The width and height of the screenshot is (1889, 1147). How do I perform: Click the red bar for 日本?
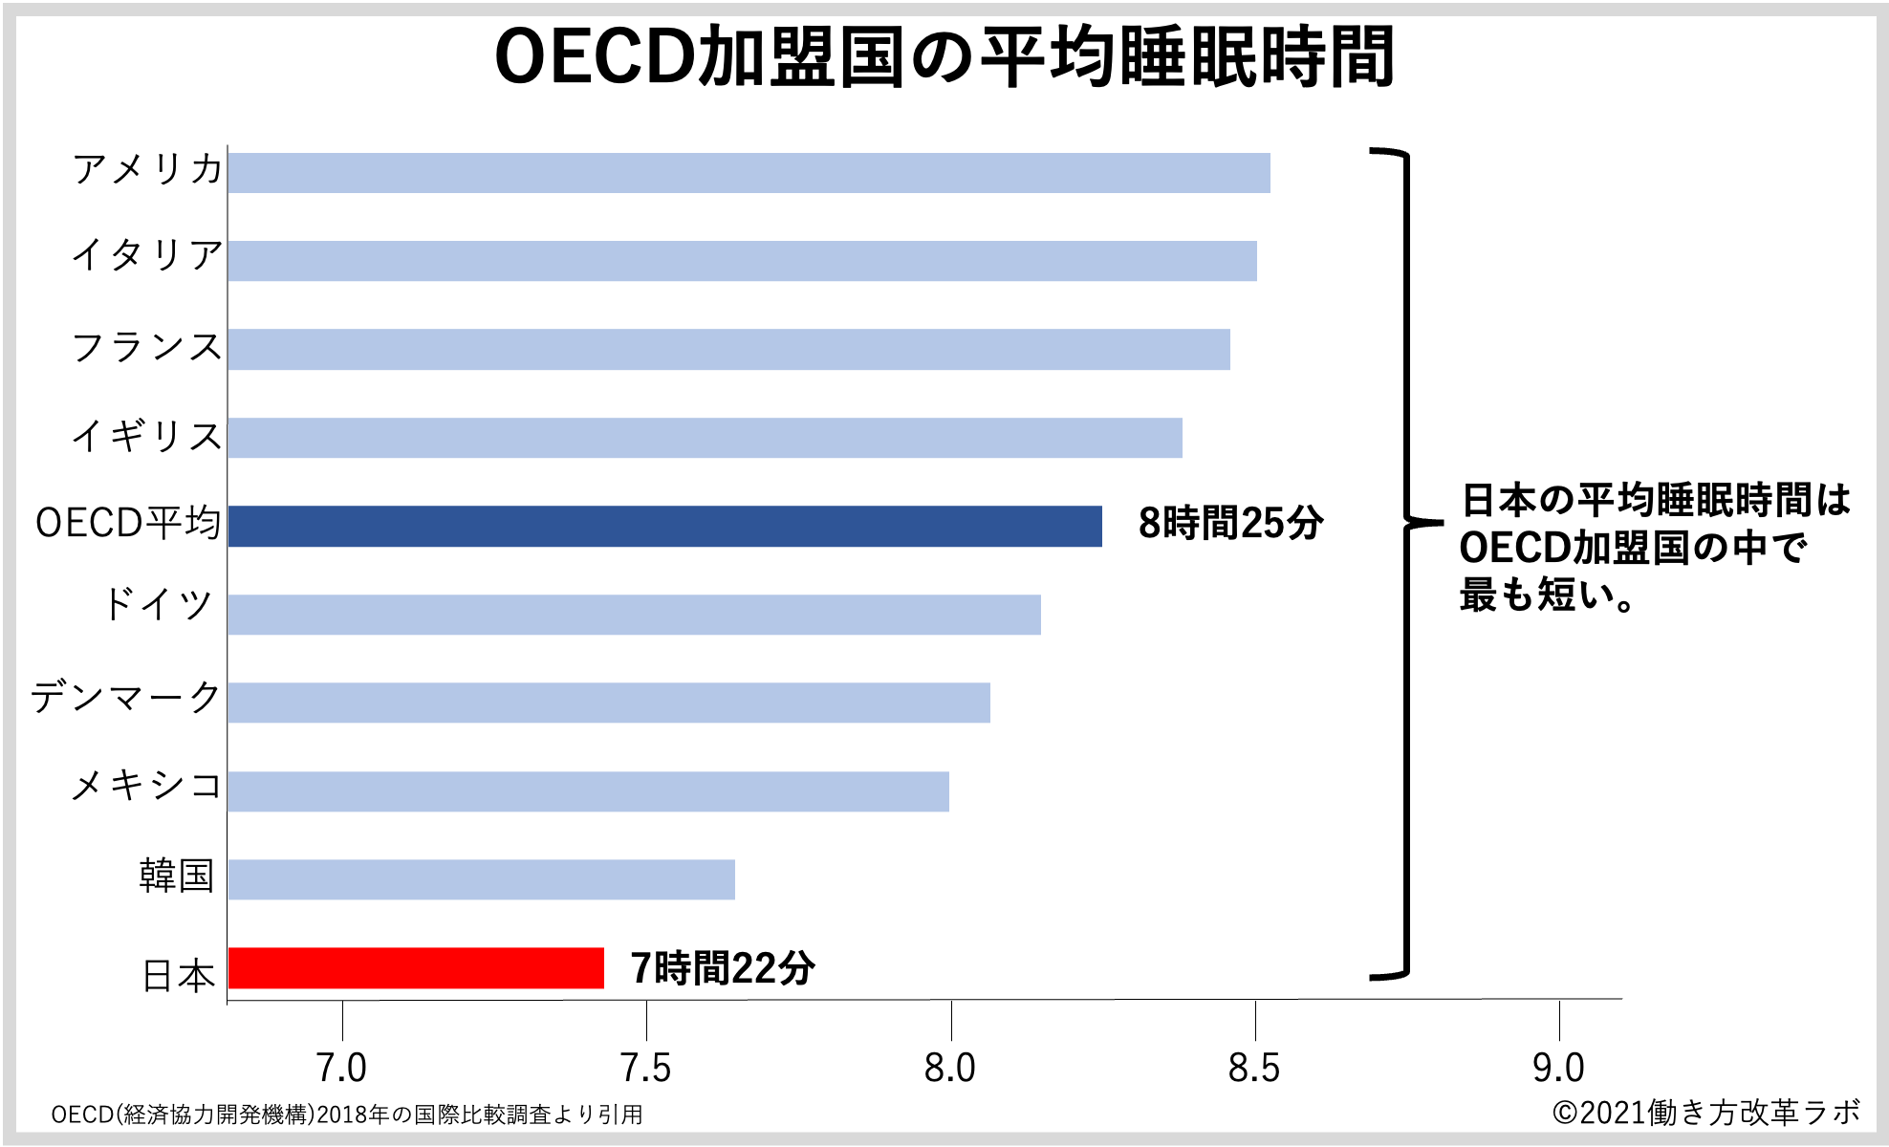(416, 968)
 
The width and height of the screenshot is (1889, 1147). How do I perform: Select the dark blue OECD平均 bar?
(664, 527)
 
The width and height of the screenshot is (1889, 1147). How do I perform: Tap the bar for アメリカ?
(749, 173)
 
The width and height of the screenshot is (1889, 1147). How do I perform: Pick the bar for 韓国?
(481, 879)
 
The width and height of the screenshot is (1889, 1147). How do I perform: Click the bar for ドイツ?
(634, 615)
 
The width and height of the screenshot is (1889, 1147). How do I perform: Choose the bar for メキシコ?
(588, 791)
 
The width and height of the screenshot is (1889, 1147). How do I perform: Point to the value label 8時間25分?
(1230, 524)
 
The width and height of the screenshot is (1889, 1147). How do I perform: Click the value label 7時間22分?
(723, 968)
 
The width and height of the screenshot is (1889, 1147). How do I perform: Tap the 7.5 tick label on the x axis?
(646, 1069)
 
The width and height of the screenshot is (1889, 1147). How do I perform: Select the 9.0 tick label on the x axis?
(1558, 1069)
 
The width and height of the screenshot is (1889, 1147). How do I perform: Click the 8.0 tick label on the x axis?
(950, 1069)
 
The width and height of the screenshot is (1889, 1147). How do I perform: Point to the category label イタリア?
(147, 255)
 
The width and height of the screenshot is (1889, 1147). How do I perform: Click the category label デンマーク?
(126, 697)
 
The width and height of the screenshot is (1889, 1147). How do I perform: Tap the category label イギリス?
(147, 436)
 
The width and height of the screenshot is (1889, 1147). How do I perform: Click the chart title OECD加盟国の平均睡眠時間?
(944, 57)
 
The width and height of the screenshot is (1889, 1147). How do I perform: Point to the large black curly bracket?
(1405, 564)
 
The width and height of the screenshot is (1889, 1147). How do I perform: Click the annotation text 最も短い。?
(1547, 595)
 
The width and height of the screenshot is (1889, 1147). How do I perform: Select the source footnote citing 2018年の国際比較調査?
(347, 1115)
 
